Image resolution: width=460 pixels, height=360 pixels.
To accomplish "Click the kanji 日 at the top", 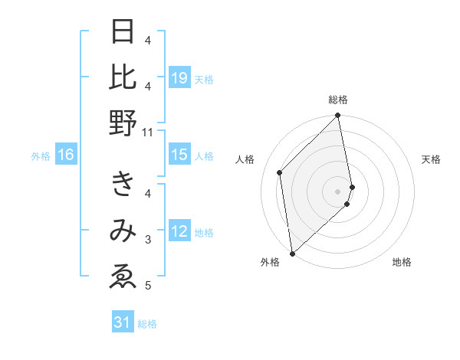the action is coord(123,32).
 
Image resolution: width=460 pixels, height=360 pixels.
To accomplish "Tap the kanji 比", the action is coord(123,77).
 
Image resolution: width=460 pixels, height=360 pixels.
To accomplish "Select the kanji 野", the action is coord(123,123).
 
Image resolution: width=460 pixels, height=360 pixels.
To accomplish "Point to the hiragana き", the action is coord(123,185).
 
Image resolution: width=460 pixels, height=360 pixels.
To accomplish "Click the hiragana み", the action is coord(123,231).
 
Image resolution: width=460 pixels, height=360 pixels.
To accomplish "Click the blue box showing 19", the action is coord(179,78).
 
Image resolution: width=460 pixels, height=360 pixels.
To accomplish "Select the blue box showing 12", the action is coord(179,232).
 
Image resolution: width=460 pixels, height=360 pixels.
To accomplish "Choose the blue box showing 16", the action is coord(66,155).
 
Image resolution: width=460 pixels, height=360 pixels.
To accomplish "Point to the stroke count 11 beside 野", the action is coord(148,132).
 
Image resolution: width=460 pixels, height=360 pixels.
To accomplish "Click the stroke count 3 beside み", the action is coord(148,240).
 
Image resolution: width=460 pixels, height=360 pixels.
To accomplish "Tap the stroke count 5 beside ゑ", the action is coord(148,286).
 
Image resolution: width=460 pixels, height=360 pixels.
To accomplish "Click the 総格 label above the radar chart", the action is coord(338,100).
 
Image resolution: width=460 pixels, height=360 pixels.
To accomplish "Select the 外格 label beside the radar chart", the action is coord(270,262).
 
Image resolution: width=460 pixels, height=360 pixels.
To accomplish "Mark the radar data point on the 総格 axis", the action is coord(338,116).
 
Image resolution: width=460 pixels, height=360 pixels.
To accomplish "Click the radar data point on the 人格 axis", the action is coord(280,172).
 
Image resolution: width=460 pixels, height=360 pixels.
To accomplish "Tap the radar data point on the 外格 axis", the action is coord(292,253).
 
